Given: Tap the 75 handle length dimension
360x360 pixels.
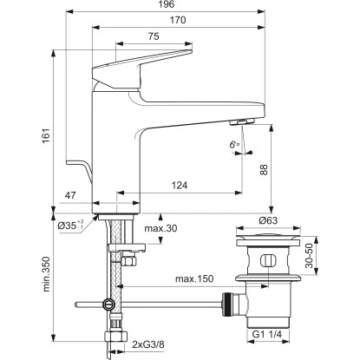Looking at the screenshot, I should tap(153, 36).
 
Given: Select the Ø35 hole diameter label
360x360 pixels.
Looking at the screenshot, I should tap(70, 226).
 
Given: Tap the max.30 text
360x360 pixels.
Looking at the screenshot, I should tap(162, 228).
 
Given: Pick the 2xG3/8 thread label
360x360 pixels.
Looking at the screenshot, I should tap(154, 345).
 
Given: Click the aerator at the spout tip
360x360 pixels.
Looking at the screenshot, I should tap(244, 124).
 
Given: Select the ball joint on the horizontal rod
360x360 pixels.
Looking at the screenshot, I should tap(108, 304).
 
